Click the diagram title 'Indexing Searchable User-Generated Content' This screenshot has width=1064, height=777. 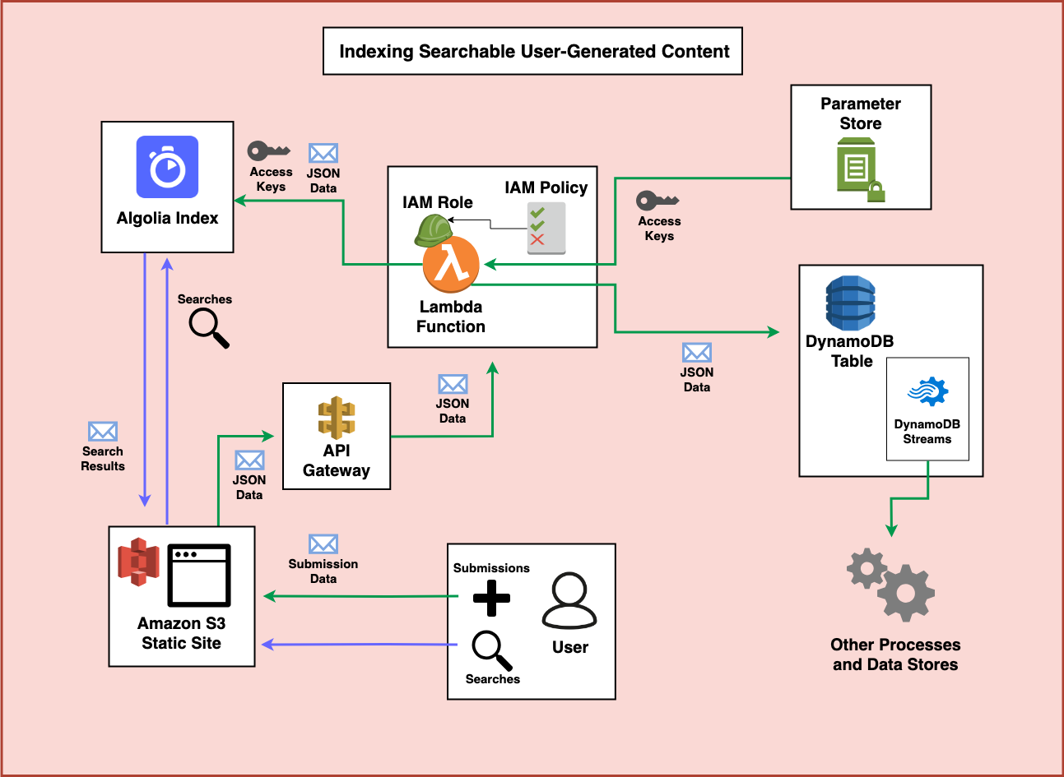[x=533, y=52]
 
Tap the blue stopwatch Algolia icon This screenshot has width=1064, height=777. [x=167, y=167]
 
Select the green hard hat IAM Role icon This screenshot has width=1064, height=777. [x=432, y=229]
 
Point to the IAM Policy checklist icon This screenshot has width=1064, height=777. [x=546, y=228]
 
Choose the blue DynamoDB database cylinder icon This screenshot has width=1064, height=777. [x=850, y=303]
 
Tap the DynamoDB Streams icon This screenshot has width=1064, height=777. [x=927, y=392]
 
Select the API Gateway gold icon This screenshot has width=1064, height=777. [x=337, y=417]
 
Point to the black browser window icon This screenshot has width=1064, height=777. [x=199, y=576]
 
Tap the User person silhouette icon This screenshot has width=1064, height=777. [x=569, y=601]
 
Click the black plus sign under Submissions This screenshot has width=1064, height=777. [x=491, y=598]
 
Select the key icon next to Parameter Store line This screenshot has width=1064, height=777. [x=657, y=201]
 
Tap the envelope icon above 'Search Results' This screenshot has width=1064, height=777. [x=103, y=432]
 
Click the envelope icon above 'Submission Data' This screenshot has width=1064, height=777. [x=323, y=544]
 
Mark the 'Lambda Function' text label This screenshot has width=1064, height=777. [x=451, y=317]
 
